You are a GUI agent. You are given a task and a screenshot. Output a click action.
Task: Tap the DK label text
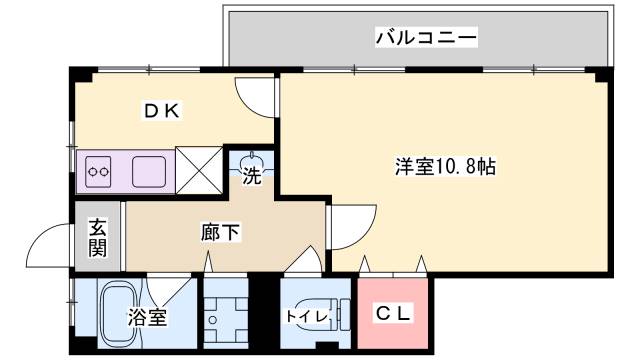point(159,111)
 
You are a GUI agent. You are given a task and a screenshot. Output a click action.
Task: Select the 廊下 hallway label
point(221,233)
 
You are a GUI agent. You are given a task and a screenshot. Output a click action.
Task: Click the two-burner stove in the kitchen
point(99,172)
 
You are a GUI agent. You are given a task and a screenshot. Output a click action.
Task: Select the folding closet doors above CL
point(394,266)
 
